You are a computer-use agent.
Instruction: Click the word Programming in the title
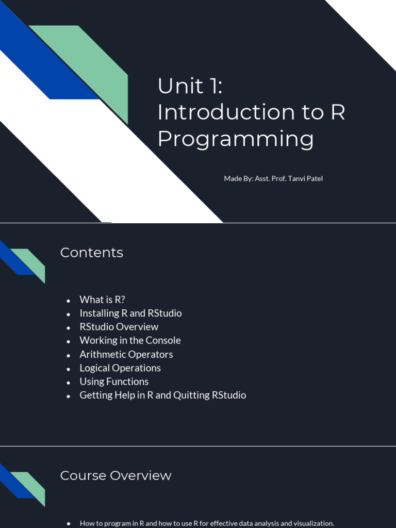pos(236,139)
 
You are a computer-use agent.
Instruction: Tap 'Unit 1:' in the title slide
pos(190,86)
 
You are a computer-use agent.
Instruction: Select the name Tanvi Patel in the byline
pos(305,178)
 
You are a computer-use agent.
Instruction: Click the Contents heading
pos(92,253)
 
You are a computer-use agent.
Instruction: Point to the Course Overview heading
pos(116,475)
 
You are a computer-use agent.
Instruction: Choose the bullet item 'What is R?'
pos(103,300)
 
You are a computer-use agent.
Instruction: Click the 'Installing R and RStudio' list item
pos(130,313)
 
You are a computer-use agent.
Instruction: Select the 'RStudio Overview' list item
pos(119,326)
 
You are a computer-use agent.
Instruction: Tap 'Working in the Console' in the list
pos(130,340)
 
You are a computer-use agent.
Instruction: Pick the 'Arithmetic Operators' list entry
pos(126,354)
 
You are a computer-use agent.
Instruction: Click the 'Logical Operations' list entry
pos(120,368)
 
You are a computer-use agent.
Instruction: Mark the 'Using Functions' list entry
pos(114,382)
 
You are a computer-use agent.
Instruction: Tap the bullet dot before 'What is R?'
pos(69,301)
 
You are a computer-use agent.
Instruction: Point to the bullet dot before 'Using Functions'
pos(69,383)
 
